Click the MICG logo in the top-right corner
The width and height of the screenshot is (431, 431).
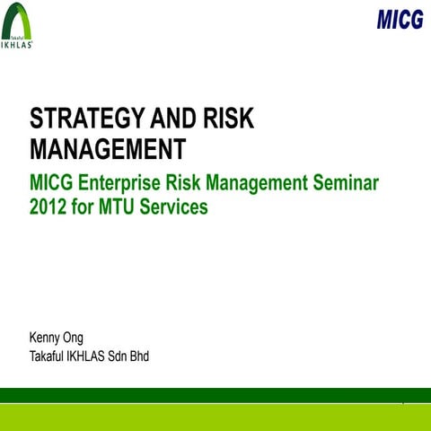tap(400, 19)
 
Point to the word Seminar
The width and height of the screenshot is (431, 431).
tap(345, 184)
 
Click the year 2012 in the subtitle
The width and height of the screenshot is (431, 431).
tap(48, 207)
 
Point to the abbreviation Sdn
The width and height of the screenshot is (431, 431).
tap(113, 356)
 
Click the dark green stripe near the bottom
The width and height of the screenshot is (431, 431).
tap(215, 395)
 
